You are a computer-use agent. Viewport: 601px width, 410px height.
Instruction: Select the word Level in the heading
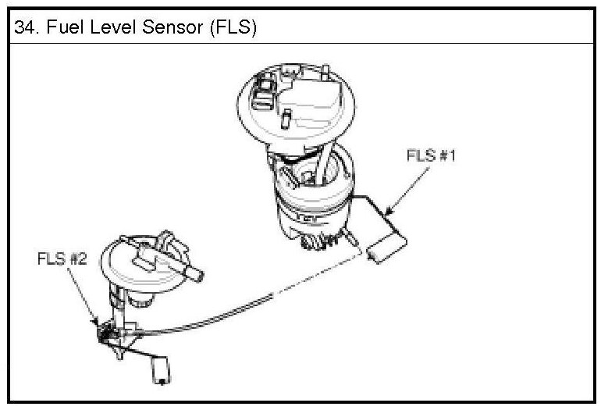pyautogui.click(x=101, y=28)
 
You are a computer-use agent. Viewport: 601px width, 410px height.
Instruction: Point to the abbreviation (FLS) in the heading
pyautogui.click(x=222, y=28)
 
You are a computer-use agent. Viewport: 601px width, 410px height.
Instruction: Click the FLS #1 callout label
pyautogui.click(x=429, y=155)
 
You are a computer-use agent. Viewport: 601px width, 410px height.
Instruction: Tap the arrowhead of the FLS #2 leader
pyautogui.click(x=98, y=322)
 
